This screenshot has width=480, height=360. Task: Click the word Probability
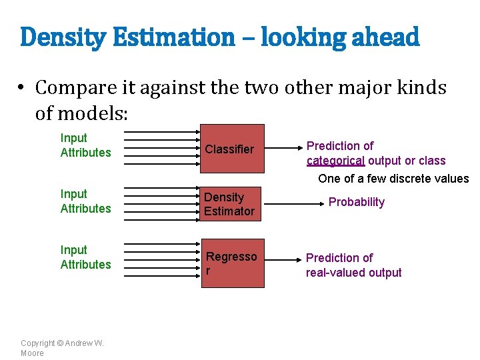357,202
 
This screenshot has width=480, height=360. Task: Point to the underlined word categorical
335,161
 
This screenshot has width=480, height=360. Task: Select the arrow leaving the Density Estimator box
281,204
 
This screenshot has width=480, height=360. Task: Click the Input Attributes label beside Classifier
85,145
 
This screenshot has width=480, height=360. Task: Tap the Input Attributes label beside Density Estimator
85,201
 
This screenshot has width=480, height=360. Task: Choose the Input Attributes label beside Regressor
85,257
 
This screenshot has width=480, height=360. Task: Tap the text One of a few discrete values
393,179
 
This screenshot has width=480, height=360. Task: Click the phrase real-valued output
353,273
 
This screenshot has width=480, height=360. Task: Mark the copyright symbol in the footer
60,343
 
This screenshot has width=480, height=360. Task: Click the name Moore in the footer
32,353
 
